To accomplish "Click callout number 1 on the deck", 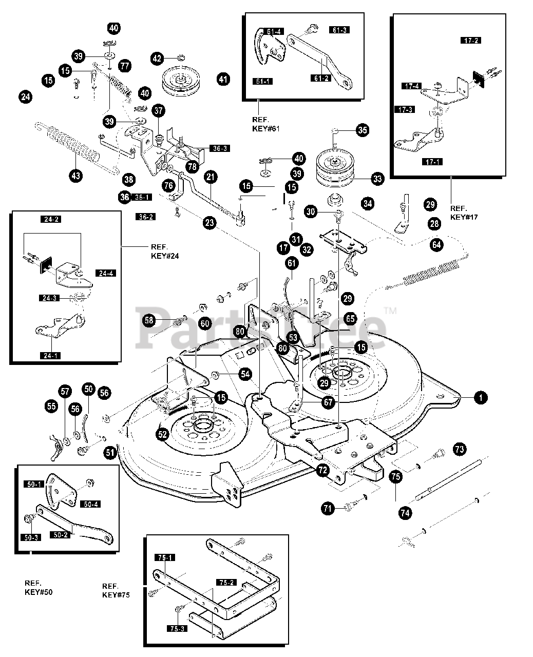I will point(481,397).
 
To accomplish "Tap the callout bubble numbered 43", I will point(76,176).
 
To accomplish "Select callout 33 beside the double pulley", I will point(377,179).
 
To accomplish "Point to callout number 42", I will point(157,59).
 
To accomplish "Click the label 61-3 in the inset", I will point(339,30).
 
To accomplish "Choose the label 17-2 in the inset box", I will point(470,40).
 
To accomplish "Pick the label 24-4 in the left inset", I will point(105,273).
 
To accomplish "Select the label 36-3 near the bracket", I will point(219,148).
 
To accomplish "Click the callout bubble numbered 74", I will point(406,512).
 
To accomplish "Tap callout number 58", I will point(149,320).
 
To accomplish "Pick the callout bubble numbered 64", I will point(436,245).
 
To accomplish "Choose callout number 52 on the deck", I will point(162,434).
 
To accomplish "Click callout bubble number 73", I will point(459,450).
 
